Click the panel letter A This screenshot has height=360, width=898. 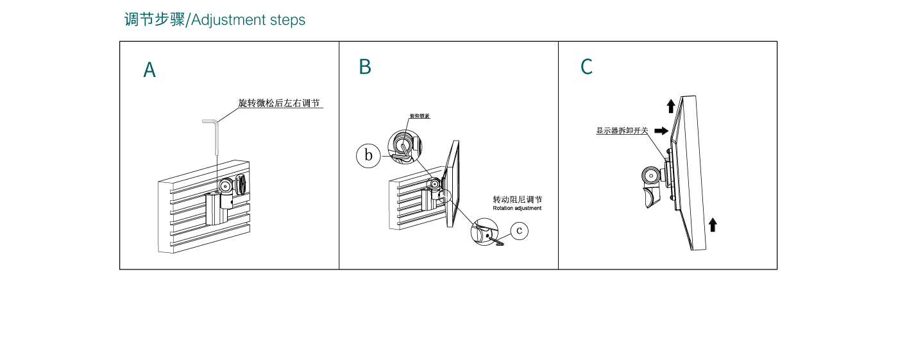(x=149, y=70)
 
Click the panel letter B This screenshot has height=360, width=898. (x=365, y=67)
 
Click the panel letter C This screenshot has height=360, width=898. (x=586, y=67)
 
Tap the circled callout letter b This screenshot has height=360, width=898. (x=369, y=155)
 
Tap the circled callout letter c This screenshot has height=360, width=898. (x=520, y=230)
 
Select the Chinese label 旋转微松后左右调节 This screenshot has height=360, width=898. (x=279, y=103)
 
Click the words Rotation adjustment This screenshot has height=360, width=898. (x=517, y=209)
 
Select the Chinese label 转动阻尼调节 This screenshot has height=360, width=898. (x=517, y=200)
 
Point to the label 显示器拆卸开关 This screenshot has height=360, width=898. (x=622, y=131)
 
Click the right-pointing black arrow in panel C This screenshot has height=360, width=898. (x=661, y=130)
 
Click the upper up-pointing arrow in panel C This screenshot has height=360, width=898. (x=670, y=106)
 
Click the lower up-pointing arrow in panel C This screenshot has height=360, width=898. (x=713, y=225)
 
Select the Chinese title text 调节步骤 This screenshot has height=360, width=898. (x=154, y=20)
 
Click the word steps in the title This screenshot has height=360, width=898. (x=287, y=20)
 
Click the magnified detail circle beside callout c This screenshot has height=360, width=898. (x=485, y=232)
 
